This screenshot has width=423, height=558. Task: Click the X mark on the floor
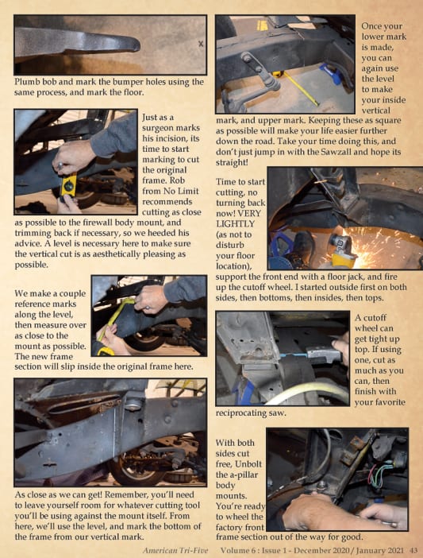click(x=201, y=45)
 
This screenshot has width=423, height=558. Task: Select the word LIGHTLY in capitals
click(x=235, y=224)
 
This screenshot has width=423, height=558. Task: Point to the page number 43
click(x=414, y=551)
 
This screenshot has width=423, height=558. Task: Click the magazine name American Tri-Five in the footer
click(x=175, y=551)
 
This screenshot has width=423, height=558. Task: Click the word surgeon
click(x=171, y=128)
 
